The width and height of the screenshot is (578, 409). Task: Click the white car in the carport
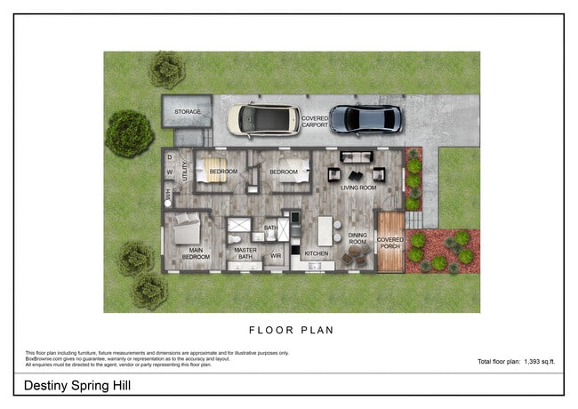click(263, 119)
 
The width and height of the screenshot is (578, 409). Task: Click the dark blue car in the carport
click(365, 118)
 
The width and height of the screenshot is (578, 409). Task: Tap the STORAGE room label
click(187, 112)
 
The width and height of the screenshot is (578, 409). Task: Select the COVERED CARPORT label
click(314, 122)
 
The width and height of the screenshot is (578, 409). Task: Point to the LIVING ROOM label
click(358, 188)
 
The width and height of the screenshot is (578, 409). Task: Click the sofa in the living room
click(358, 157)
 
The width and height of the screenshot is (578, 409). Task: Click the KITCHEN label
click(317, 254)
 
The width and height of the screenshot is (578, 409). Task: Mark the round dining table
click(356, 255)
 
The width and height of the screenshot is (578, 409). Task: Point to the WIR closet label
click(277, 256)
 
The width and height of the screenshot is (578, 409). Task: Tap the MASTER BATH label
click(245, 253)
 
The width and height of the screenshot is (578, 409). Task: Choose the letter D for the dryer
click(169, 157)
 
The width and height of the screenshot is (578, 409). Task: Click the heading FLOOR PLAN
click(291, 330)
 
